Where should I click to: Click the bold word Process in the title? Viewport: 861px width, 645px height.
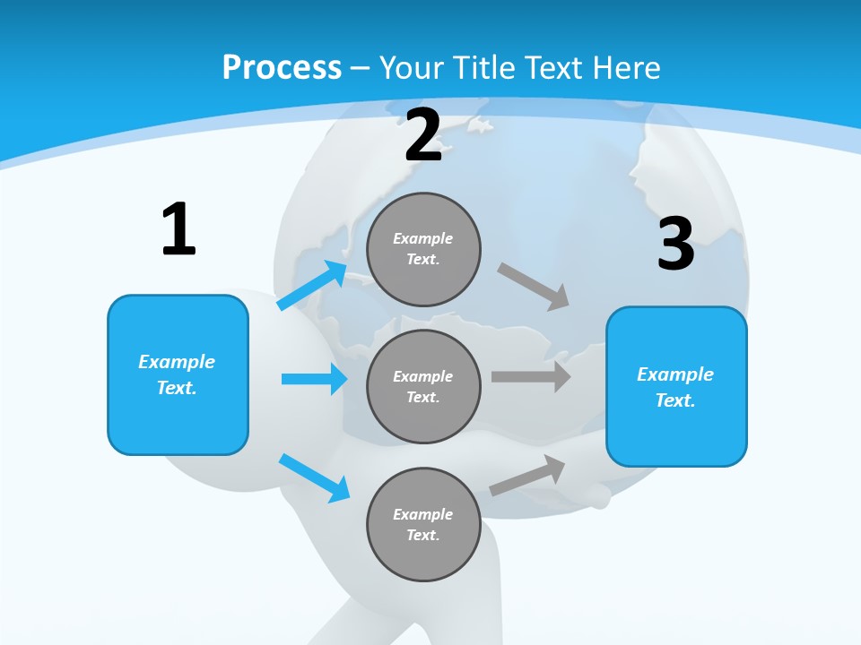pyautogui.click(x=282, y=68)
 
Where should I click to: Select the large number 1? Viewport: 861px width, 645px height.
pyautogui.click(x=178, y=230)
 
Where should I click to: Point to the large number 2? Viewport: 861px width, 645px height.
pyautogui.click(x=423, y=135)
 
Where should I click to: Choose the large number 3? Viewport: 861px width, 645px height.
pyautogui.click(x=675, y=245)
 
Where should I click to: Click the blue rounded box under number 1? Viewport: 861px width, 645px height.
pyautogui.click(x=178, y=374)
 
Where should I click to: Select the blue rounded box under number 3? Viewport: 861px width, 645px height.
pyautogui.click(x=676, y=386)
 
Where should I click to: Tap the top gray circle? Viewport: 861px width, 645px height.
pyautogui.click(x=424, y=249)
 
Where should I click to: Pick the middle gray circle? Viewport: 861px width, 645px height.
pyautogui.click(x=424, y=386)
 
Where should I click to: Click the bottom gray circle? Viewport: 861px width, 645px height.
pyautogui.click(x=424, y=524)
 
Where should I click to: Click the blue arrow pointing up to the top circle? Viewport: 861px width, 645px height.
pyautogui.click(x=312, y=286)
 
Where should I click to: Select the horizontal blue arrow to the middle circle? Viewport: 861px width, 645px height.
pyautogui.click(x=314, y=379)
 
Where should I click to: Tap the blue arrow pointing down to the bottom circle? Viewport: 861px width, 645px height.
pyautogui.click(x=314, y=477)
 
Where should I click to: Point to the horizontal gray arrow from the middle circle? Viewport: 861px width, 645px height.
pyautogui.click(x=531, y=377)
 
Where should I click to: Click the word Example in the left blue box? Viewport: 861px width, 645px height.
pyautogui.click(x=177, y=362)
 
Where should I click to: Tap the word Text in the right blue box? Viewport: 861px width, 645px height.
pyautogui.click(x=674, y=400)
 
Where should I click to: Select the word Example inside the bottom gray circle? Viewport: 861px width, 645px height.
pyautogui.click(x=422, y=514)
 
